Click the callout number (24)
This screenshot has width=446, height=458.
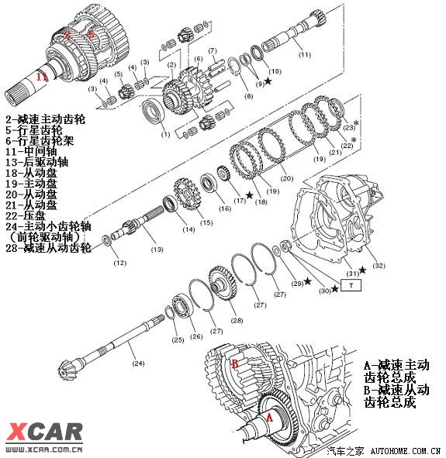point(137,361)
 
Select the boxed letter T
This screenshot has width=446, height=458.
point(351,285)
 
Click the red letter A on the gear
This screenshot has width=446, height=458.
point(269,415)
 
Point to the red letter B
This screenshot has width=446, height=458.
point(233,363)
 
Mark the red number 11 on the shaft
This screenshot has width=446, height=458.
point(43,77)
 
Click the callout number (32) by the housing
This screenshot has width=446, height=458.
point(378,266)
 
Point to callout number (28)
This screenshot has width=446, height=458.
point(236,320)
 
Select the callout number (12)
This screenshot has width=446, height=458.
point(119,263)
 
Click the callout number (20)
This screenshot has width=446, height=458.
point(287,179)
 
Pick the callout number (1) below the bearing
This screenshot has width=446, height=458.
point(164,135)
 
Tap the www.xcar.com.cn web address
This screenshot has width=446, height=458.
point(44,448)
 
